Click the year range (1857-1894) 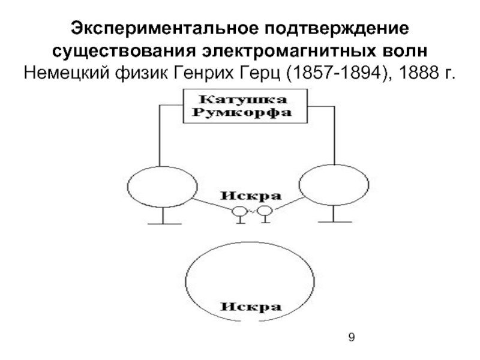(332, 73)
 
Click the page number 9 (352, 338)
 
